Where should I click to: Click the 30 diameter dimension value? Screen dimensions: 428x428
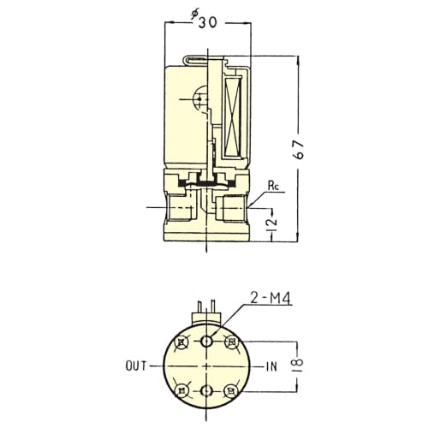point(208,22)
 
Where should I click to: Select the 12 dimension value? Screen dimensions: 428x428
point(272,223)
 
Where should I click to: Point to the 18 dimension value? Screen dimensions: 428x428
point(298,362)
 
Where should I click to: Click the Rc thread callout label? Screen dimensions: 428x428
point(273,186)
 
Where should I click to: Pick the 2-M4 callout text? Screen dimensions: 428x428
point(270,299)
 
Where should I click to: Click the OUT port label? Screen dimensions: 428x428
point(136,366)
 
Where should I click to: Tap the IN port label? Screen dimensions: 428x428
point(271,366)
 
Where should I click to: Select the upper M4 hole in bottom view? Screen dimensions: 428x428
point(206,341)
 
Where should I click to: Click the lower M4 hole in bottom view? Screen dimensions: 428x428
point(206,390)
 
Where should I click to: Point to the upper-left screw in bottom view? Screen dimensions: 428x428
point(181,342)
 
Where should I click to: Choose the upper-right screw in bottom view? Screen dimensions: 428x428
point(231,342)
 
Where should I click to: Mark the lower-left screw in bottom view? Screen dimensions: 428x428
point(181,390)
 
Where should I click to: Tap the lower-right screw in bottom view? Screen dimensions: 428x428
point(231,390)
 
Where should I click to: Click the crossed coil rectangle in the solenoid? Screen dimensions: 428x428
point(233,116)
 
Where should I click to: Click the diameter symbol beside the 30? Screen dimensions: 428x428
point(195,15)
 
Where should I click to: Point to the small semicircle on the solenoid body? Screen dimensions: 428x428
point(199,99)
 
